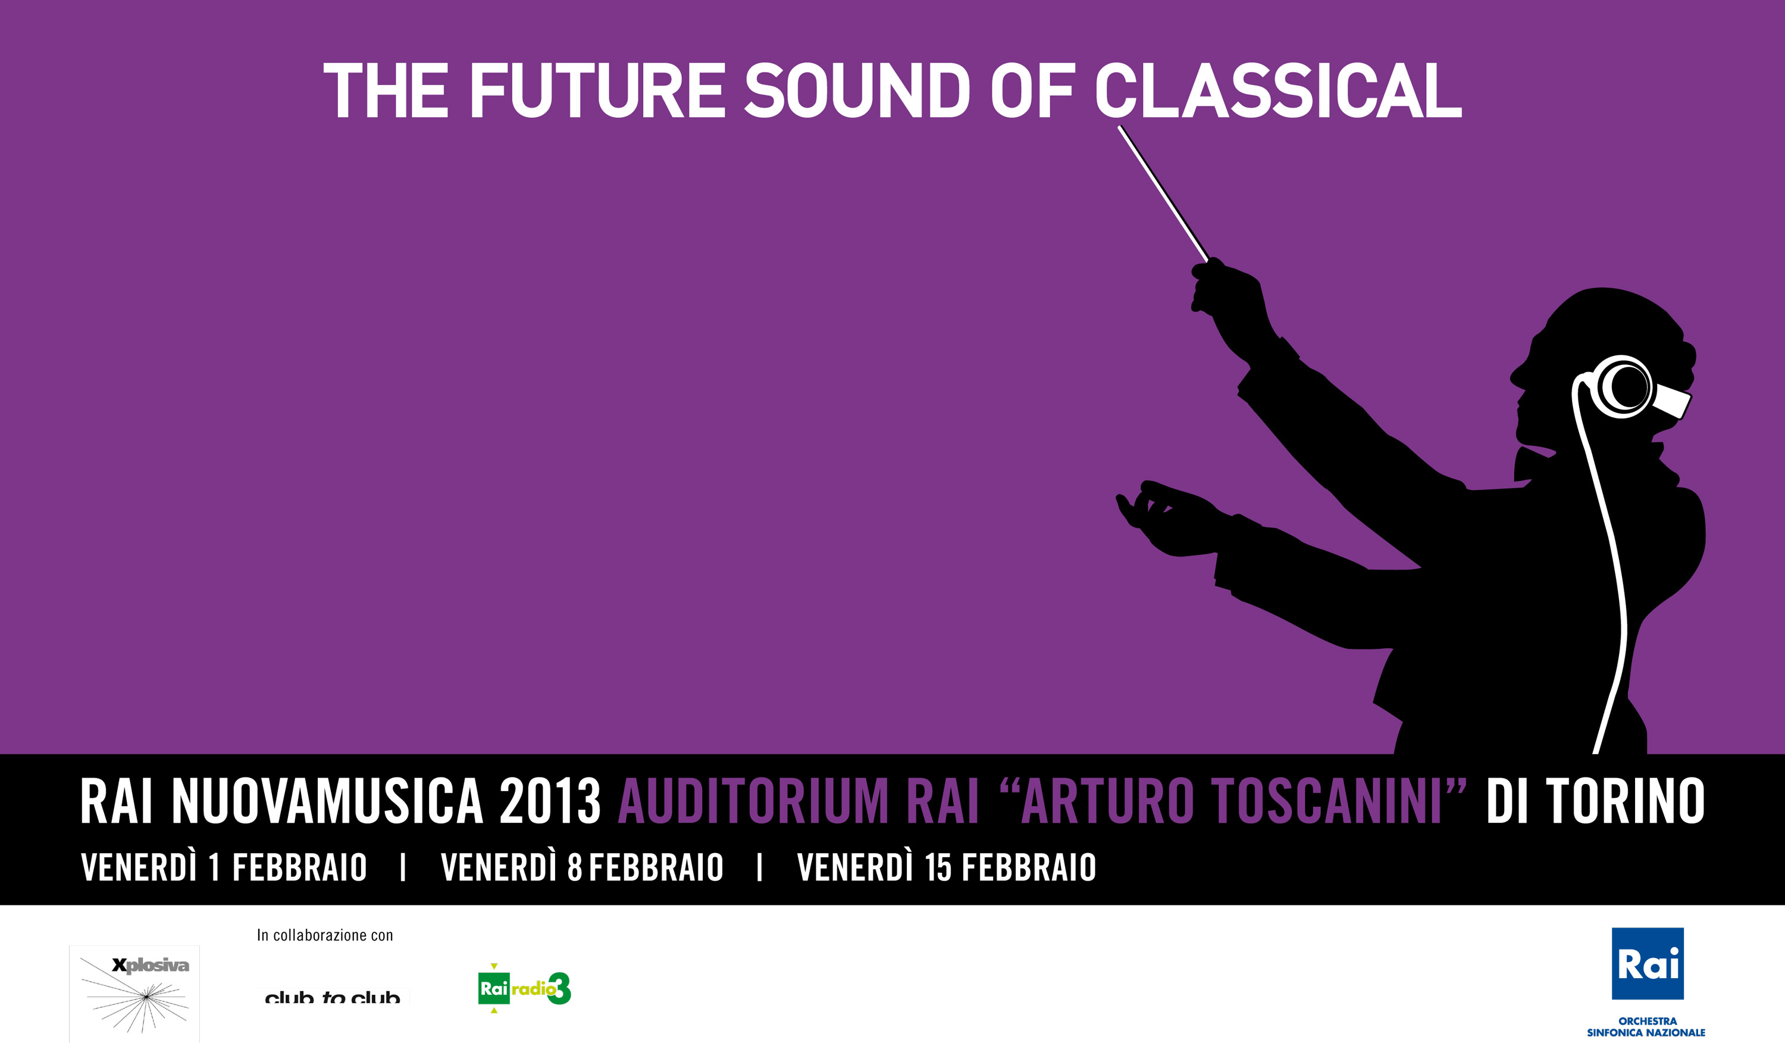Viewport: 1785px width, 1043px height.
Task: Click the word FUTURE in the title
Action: click(x=598, y=90)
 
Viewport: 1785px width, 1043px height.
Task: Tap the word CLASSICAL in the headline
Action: click(x=1279, y=90)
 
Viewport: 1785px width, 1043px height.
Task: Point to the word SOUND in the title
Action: click(x=857, y=90)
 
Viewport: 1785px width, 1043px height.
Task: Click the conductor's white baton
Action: click(x=1163, y=193)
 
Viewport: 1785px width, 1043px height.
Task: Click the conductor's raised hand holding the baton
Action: click(x=1229, y=294)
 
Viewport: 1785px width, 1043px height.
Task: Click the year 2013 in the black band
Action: click(x=550, y=801)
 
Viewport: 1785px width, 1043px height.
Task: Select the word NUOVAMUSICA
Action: click(x=327, y=801)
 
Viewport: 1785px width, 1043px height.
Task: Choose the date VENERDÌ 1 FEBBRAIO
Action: click(x=224, y=867)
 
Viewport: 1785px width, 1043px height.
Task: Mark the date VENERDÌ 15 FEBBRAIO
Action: click(x=946, y=867)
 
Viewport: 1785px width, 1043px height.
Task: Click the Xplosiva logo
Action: click(x=134, y=994)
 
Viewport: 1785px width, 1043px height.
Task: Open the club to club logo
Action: click(x=333, y=997)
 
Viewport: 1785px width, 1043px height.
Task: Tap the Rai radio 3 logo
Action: click(x=524, y=988)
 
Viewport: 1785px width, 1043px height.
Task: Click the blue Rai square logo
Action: click(x=1648, y=964)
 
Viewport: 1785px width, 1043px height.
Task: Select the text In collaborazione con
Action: click(x=324, y=935)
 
